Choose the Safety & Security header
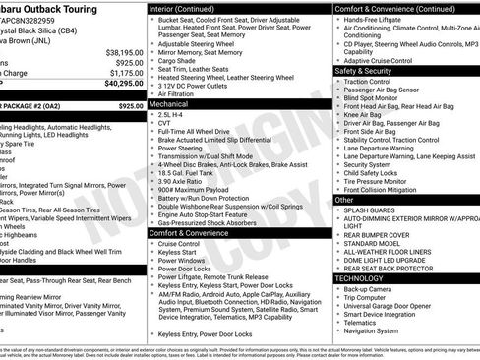[x=363, y=71]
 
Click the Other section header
[x=345, y=200]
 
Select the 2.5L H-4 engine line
[x=177, y=115]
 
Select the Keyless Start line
[x=182, y=254]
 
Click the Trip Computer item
[x=374, y=300]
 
